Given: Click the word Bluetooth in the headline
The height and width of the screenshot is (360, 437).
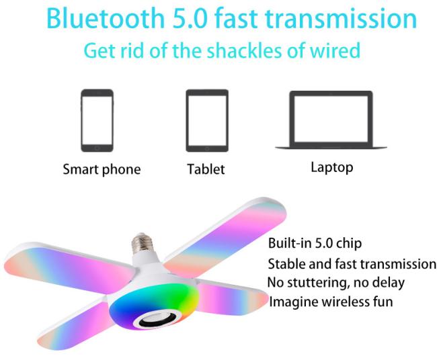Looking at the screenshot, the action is click(x=106, y=18).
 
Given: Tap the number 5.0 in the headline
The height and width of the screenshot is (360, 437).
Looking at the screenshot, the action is click(x=190, y=18).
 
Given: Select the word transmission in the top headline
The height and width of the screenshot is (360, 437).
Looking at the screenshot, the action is click(x=341, y=18).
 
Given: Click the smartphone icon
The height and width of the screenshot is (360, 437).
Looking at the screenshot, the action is click(x=97, y=120).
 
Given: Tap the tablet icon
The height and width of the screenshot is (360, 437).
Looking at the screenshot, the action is click(x=207, y=120).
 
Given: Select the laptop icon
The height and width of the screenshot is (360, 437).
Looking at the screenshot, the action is click(x=331, y=120).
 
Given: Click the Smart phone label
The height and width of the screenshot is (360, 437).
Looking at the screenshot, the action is click(x=102, y=169).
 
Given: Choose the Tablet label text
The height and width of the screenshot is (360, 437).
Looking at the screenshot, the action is click(x=206, y=169).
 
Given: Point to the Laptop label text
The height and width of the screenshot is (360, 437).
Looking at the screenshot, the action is click(x=332, y=167).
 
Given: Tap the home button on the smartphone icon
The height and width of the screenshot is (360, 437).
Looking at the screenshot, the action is click(x=97, y=148).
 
